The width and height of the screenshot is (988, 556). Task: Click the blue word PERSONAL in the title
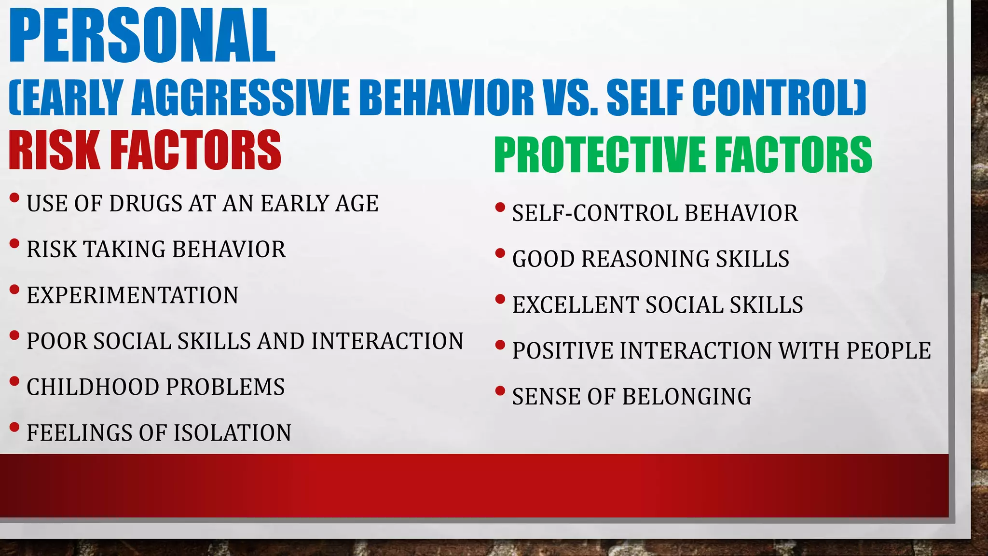coord(142,37)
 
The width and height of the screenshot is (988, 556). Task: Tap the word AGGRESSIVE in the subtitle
coord(240,98)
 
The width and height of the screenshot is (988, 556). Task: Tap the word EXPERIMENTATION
coord(133,295)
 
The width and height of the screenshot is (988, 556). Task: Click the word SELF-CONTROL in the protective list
coord(594,213)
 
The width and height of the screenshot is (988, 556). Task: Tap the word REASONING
coord(645,259)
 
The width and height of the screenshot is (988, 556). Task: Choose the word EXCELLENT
coord(576,305)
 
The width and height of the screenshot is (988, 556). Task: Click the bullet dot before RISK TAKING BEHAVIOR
coord(14,243)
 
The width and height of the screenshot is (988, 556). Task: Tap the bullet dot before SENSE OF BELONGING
coord(500,390)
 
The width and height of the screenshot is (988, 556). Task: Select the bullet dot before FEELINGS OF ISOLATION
coord(14,427)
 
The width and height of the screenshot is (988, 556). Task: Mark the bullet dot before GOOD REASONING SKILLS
coord(500,253)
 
